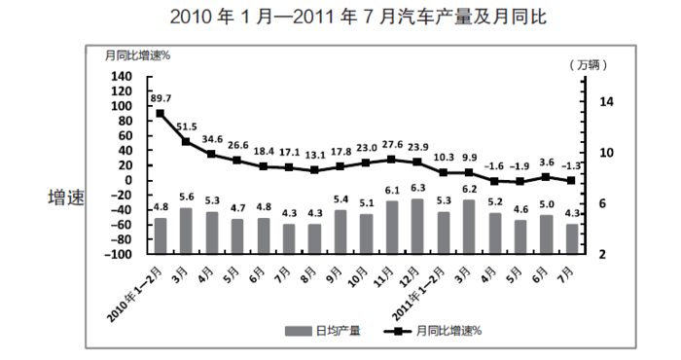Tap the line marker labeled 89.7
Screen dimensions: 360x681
[x=161, y=114]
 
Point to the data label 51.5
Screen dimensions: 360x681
[x=187, y=126]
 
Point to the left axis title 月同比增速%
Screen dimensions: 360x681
[x=138, y=54]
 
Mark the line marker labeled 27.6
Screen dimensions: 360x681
[x=391, y=159]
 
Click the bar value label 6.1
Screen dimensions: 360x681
[x=392, y=191]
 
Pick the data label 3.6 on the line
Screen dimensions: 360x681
[x=546, y=162]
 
